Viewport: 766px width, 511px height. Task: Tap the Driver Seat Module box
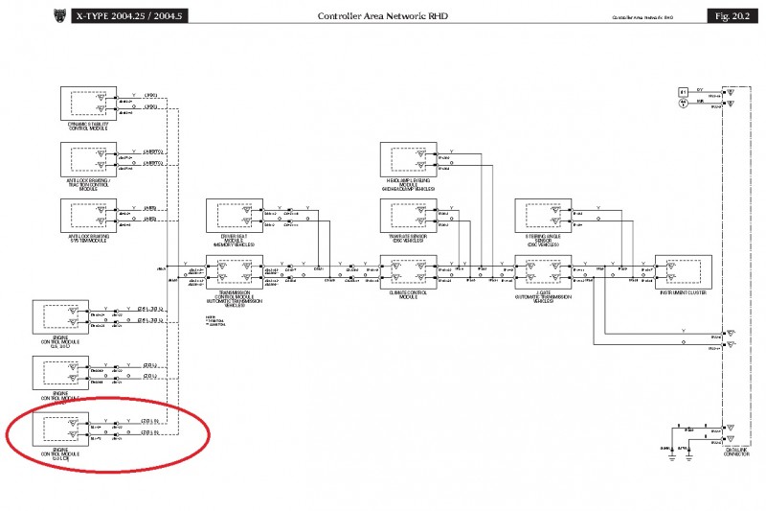[x=235, y=216]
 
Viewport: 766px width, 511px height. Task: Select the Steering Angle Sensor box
[x=543, y=216]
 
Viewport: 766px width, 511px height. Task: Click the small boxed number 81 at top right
[x=683, y=92]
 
